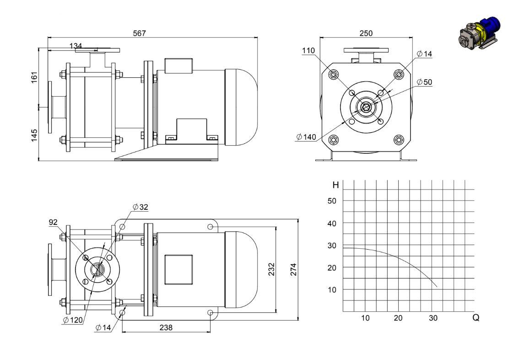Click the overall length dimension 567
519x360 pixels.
pyautogui.click(x=139, y=33)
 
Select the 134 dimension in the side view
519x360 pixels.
pyautogui.click(x=76, y=46)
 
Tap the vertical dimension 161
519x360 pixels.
pyautogui.click(x=34, y=77)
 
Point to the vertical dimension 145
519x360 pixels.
pyautogui.click(x=34, y=136)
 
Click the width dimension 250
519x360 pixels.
pyautogui.click(x=366, y=33)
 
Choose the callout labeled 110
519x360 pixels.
pyautogui.click(x=308, y=51)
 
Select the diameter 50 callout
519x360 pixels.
pyautogui.click(x=424, y=82)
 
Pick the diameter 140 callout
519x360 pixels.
pyautogui.click(x=306, y=137)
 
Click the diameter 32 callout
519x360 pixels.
pyautogui.click(x=141, y=207)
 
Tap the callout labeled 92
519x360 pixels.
pyautogui.click(x=53, y=222)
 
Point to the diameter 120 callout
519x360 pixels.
pyautogui.click(x=72, y=320)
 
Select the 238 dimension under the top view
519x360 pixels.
pyautogui.click(x=166, y=327)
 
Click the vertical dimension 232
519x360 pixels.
pyautogui.click(x=271, y=269)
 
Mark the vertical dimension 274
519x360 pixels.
pyautogui.click(x=293, y=270)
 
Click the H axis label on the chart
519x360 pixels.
pyautogui.click(x=335, y=185)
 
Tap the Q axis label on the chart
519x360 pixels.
pyautogui.click(x=476, y=317)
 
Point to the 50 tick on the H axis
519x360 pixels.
pyautogui.click(x=332, y=201)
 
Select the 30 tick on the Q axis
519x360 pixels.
pyautogui.click(x=433, y=318)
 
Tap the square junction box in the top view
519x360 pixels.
pyautogui.click(x=179, y=270)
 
